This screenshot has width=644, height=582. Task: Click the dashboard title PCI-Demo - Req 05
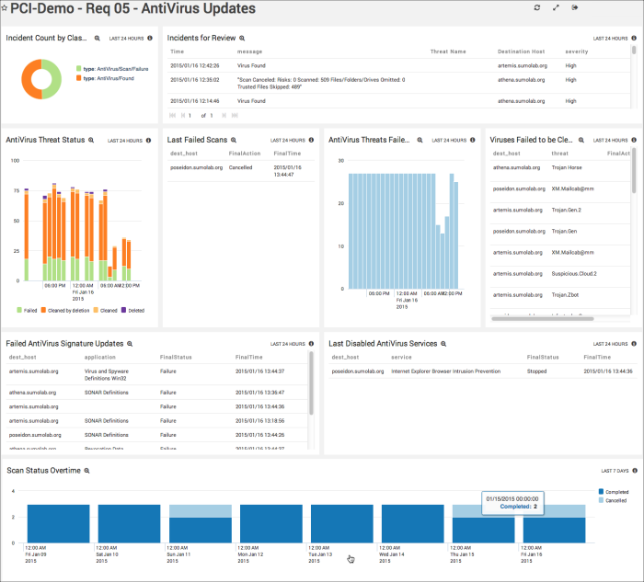point(132,9)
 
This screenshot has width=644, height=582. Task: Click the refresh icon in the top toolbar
point(537,7)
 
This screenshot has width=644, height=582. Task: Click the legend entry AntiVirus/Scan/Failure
point(115,69)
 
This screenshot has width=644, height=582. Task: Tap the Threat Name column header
point(448,51)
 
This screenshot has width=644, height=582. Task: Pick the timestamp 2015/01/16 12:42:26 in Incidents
point(194,65)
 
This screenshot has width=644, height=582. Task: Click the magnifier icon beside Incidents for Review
point(243,39)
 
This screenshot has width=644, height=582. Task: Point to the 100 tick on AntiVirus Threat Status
point(15,161)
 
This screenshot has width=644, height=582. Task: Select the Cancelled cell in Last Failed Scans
point(240,168)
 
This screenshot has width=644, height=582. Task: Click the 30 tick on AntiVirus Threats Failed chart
point(339,160)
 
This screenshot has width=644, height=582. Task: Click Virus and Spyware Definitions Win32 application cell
point(111,375)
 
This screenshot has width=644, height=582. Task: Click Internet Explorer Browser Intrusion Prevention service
point(445,371)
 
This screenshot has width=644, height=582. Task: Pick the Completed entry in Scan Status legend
point(615,492)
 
